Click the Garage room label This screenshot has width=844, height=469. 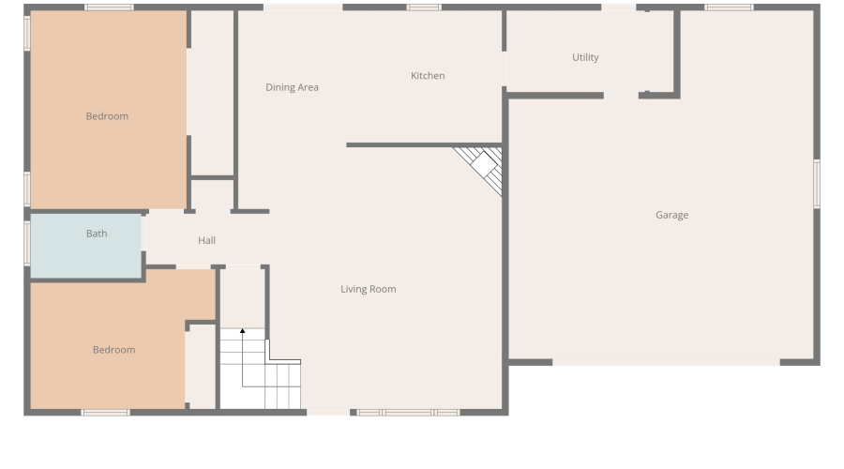[671, 215]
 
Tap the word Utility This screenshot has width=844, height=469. [585, 57]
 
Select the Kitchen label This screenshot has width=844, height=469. [428, 75]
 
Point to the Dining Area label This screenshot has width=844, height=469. [292, 87]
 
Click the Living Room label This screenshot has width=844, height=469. [369, 289]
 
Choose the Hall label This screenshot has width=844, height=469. [206, 241]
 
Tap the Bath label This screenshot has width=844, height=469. [97, 234]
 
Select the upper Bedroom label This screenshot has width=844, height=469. [107, 115]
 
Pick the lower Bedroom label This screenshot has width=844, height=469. [113, 350]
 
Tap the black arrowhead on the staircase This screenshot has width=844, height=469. [243, 330]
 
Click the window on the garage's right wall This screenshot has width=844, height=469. [817, 184]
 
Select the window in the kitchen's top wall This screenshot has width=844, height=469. [424, 7]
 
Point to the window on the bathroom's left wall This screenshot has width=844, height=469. [27, 243]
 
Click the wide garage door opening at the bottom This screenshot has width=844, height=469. [666, 362]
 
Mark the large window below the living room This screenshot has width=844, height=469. [409, 413]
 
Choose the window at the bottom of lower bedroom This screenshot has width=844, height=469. [105, 413]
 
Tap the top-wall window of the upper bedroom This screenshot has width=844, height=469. [109, 7]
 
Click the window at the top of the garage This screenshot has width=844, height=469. [729, 7]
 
